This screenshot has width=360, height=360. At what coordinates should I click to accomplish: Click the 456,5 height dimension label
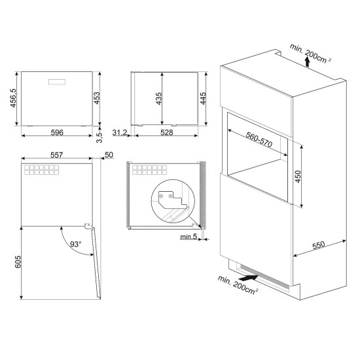13,98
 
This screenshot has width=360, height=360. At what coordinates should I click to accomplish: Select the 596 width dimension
57,132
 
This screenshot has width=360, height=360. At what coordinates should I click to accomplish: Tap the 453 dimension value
97,98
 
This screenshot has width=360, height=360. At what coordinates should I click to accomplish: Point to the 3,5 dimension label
99,137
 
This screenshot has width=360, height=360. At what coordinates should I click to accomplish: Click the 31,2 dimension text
120,133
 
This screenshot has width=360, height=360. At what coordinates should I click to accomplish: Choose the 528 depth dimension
167,132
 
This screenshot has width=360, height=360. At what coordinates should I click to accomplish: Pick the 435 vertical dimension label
158,99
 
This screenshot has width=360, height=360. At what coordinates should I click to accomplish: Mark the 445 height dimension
203,98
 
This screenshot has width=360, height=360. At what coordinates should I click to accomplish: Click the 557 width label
56,155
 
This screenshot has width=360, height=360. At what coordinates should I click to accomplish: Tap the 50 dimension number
109,155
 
